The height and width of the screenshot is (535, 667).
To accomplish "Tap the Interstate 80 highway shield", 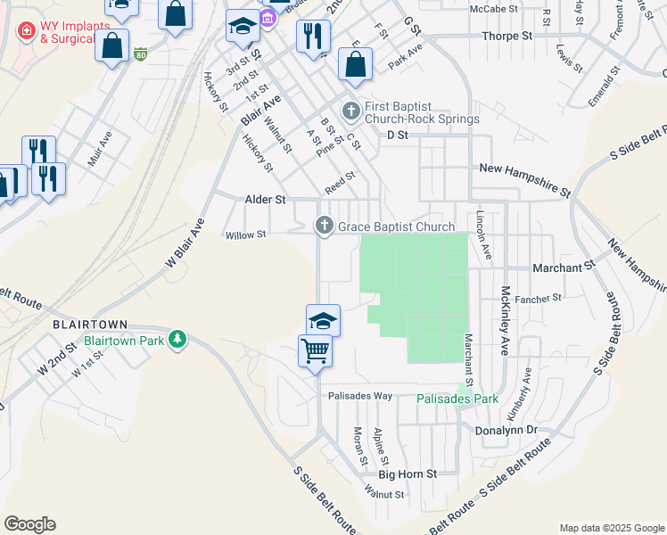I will point(141,55).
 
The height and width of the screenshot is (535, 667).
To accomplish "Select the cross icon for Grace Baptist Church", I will point(325,226).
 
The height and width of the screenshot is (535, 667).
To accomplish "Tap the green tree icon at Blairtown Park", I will point(178,339).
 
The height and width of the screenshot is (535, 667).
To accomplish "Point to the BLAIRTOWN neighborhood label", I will point(90,325).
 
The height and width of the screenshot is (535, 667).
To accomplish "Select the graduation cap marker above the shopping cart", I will point(323,319).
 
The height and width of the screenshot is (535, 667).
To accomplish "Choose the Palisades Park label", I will point(457,399).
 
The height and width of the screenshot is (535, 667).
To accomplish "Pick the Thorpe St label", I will point(506,36).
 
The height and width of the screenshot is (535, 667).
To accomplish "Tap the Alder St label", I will point(265,201).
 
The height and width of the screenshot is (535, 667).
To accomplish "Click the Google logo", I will point(29,523).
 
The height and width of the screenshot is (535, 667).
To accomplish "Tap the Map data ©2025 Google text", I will point(611,528).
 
